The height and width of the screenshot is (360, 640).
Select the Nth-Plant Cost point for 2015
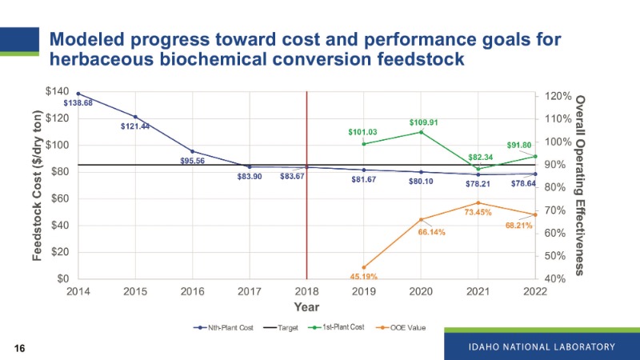pyautogui.click(x=135, y=117)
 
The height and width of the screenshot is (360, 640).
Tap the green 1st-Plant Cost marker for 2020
pyautogui.click(x=421, y=132)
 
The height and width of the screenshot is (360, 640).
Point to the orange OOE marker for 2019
pyautogui.click(x=364, y=267)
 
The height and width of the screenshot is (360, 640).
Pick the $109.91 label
pyautogui.click(x=424, y=122)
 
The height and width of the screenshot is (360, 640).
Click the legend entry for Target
pyautogui.click(x=286, y=327)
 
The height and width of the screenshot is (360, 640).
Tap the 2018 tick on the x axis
pyautogui.click(x=306, y=291)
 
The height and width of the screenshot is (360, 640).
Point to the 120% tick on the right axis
pyautogui.click(x=558, y=96)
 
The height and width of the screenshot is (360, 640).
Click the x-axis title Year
pyautogui.click(x=306, y=307)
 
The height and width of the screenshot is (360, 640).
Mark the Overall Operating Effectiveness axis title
pyautogui.click(x=581, y=186)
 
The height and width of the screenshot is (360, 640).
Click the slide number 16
pyautogui.click(x=19, y=348)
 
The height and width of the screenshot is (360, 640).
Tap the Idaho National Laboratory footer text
pyautogui.click(x=542, y=346)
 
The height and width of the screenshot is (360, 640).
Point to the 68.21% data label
pyautogui.click(x=518, y=226)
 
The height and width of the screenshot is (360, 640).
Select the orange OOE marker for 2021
pyautogui.click(x=478, y=203)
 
